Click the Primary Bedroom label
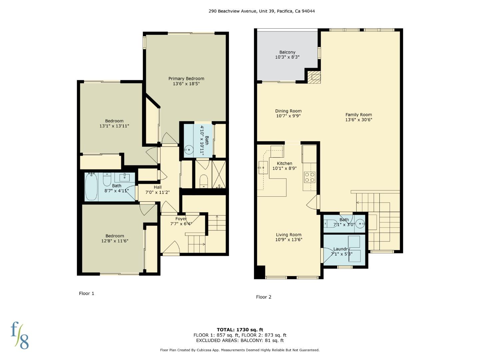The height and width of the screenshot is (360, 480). [x=186, y=79]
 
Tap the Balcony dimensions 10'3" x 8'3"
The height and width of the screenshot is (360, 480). [x=287, y=57]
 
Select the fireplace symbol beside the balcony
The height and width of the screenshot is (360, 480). [x=313, y=78]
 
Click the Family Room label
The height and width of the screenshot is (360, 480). [x=359, y=115]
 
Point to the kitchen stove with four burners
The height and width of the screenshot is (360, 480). [x=310, y=177]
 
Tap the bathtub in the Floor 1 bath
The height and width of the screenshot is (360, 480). [x=91, y=187]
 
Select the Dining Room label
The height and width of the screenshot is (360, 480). [x=288, y=111]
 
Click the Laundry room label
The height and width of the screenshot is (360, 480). [x=342, y=249]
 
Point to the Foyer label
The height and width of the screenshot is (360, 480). [x=181, y=219]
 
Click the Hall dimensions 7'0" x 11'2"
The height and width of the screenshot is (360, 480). [x=158, y=192]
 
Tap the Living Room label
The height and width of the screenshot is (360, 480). [x=288, y=235]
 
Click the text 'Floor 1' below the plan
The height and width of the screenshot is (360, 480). [x=87, y=293]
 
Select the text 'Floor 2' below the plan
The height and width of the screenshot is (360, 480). [x=264, y=297]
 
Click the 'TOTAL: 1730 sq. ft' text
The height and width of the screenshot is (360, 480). [x=240, y=330]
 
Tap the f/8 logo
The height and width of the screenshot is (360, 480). [x=20, y=335]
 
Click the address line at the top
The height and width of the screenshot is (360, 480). [x=262, y=11]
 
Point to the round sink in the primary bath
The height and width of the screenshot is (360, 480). [x=189, y=150]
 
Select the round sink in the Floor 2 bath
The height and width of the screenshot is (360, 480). [x=359, y=224]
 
